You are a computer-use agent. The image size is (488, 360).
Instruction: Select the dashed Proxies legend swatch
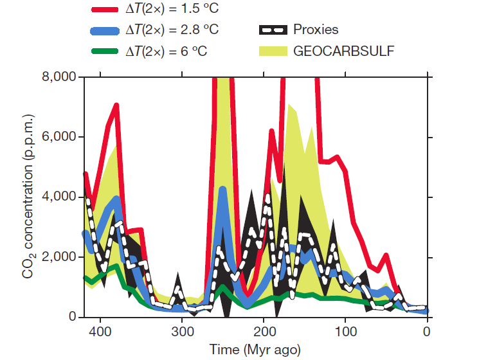(273, 30)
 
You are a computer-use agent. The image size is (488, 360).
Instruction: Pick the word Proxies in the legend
(316, 30)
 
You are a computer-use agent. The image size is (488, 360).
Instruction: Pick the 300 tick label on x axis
(182, 332)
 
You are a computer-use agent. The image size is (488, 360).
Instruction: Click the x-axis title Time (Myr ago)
(255, 350)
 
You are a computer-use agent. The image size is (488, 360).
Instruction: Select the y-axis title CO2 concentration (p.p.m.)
(28, 197)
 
